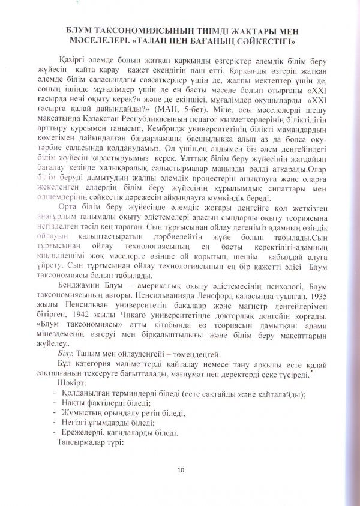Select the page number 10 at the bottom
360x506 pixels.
point(181,469)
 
